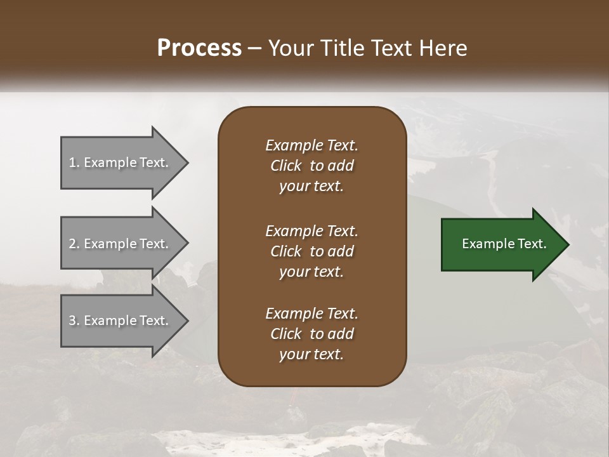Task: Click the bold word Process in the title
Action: pos(199,48)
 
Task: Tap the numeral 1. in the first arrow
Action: pos(74,163)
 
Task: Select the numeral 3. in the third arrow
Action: pos(74,321)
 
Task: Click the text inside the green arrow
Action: pos(504,244)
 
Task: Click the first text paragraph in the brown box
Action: pos(311,166)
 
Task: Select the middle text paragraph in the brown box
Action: pos(311,251)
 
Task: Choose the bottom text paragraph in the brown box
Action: pos(311,334)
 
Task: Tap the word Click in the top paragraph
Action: pos(285,166)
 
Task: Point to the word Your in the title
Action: pos(289,48)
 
